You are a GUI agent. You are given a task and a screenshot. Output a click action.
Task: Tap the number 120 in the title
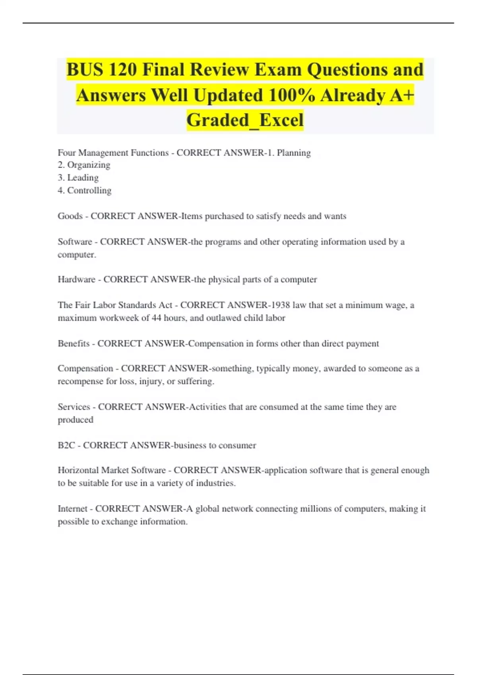pyautogui.click(x=122, y=70)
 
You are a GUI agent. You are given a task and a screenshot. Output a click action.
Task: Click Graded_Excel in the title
pyautogui.click(x=245, y=120)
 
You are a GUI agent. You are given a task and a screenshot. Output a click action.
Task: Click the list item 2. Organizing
pyautogui.click(x=84, y=165)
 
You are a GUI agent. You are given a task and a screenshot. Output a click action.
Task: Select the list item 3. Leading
pyautogui.click(x=78, y=177)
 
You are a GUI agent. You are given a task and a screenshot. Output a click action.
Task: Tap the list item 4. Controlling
pyautogui.click(x=85, y=191)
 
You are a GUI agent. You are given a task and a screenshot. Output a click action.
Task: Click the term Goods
pyautogui.click(x=70, y=216)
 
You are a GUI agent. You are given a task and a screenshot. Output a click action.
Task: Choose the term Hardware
pyautogui.click(x=76, y=280)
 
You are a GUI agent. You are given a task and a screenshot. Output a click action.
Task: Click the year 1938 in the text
pyautogui.click(x=280, y=305)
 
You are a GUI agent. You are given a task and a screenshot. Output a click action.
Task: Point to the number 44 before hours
pyautogui.click(x=157, y=318)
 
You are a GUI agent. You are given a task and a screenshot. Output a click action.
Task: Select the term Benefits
pyautogui.click(x=74, y=343)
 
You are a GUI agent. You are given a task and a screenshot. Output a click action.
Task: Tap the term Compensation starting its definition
pyautogui.click(x=85, y=368)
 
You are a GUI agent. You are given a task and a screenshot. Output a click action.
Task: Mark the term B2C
pyautogui.click(x=66, y=445)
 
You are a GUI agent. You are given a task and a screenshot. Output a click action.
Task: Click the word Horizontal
pyautogui.click(x=78, y=470)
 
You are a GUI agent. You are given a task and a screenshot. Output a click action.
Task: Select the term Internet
pyautogui.click(x=72, y=509)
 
